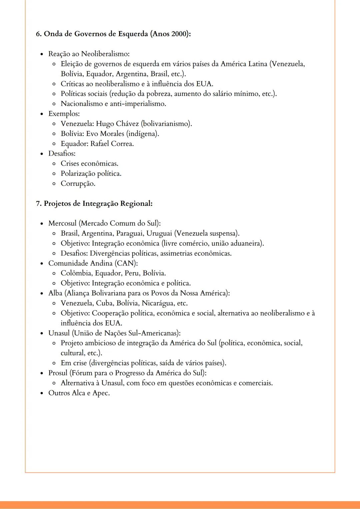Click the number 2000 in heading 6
[179, 34]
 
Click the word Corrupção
[78, 184]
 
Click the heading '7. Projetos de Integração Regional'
[94, 204]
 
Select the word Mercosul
[62, 224]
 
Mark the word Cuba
[105, 303]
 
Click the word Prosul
[58, 373]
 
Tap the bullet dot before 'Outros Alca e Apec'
[42, 393]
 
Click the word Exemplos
[64, 114]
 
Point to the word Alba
[55, 293]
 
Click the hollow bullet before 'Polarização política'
[54, 174]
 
